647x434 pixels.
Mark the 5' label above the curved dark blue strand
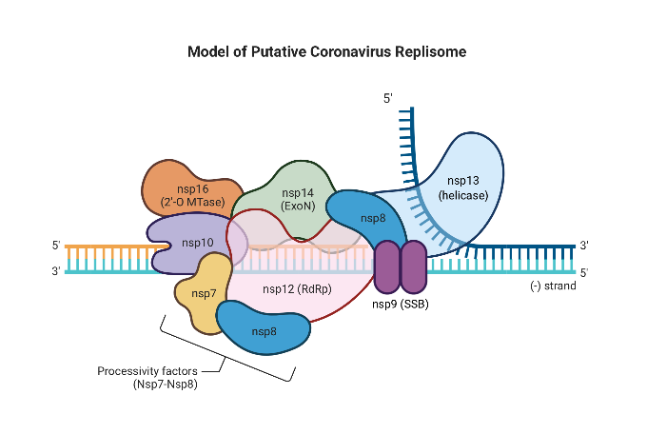[387, 98]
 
